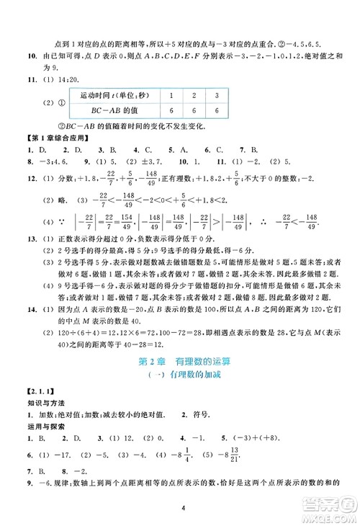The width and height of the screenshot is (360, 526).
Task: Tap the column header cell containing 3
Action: (x=217, y=94)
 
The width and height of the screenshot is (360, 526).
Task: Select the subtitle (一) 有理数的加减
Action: (x=180, y=375)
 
